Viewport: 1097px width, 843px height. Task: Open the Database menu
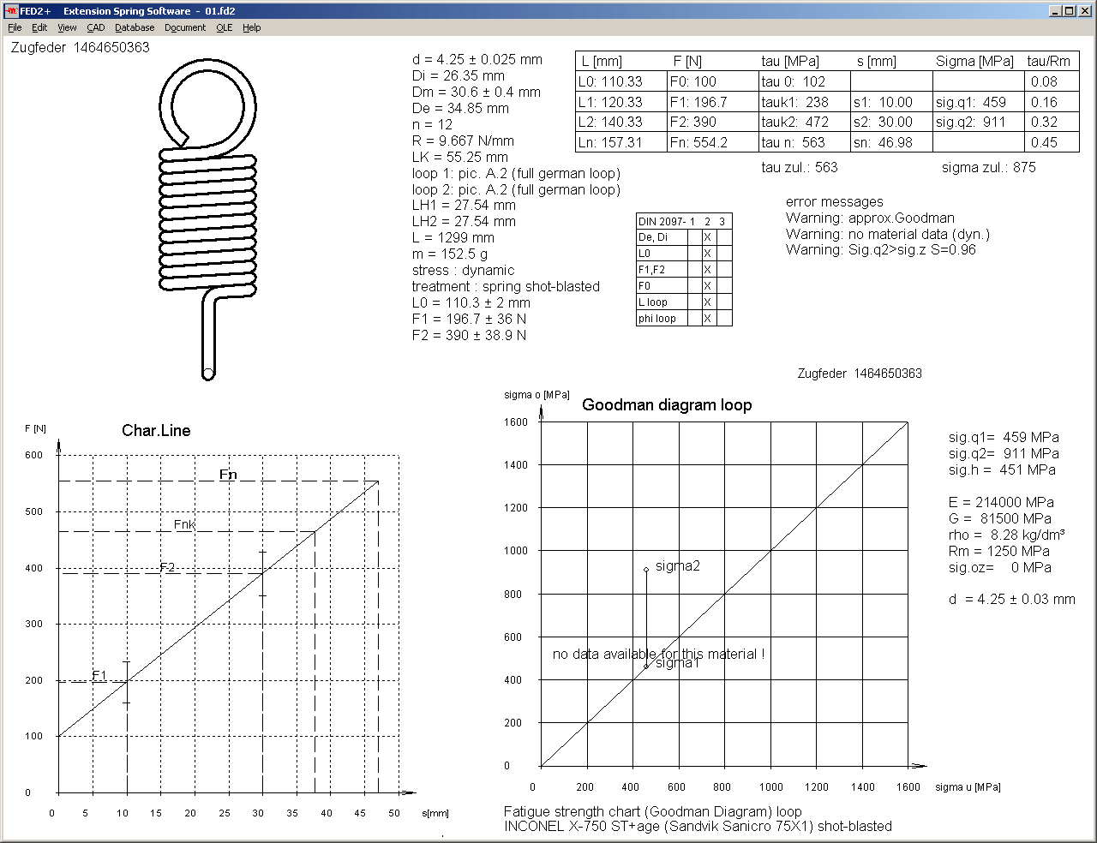point(135,27)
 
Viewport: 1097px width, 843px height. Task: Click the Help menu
point(251,27)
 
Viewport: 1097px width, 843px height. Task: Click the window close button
point(1084,11)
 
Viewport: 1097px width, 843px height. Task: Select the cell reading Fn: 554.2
point(699,142)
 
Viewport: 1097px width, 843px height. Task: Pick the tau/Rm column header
point(1049,61)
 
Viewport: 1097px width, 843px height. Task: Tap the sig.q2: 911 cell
point(971,122)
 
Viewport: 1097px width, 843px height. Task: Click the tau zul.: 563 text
point(799,167)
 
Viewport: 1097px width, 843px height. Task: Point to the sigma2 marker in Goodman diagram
point(646,570)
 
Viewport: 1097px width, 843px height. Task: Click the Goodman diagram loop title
point(666,405)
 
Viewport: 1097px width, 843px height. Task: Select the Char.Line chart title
point(156,430)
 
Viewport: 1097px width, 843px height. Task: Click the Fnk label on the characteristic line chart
point(184,524)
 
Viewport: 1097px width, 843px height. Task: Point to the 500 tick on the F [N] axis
point(33,511)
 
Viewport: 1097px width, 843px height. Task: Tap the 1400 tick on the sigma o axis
point(516,464)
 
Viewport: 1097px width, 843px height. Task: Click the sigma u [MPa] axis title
point(968,786)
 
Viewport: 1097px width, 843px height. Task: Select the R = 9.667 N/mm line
point(463,140)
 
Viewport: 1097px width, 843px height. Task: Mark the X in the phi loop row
point(707,319)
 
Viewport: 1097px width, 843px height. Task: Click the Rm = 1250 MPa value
point(998,551)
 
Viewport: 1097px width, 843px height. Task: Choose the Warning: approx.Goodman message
point(869,218)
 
